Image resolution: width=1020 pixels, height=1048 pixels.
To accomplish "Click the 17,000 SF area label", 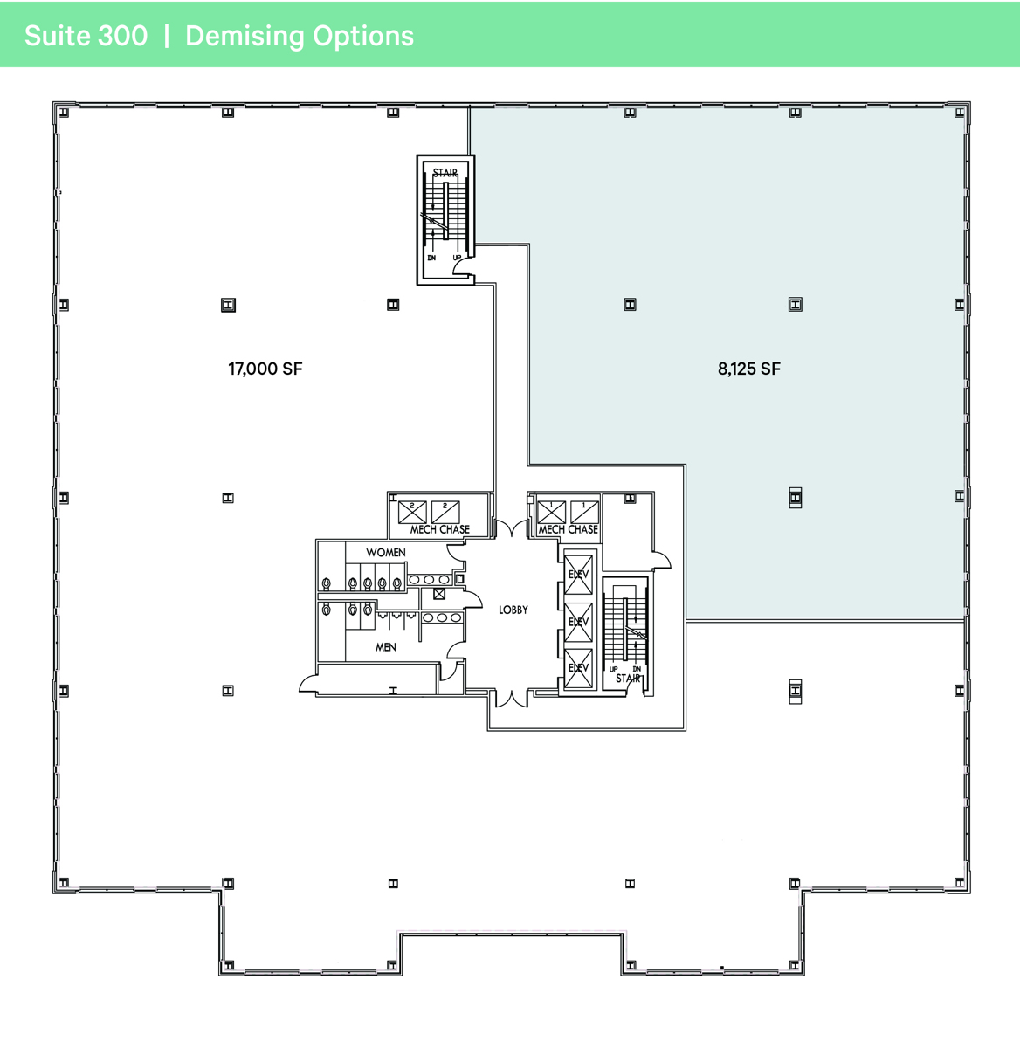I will pyautogui.click(x=265, y=369).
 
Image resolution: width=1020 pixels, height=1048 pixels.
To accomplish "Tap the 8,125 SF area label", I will pyautogui.click(x=748, y=369).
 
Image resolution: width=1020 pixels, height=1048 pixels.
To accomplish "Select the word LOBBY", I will pyautogui.click(x=513, y=610).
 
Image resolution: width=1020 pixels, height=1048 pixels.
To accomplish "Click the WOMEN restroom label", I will pyautogui.click(x=385, y=553).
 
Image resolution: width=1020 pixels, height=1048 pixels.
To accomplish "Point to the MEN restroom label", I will pyautogui.click(x=385, y=647).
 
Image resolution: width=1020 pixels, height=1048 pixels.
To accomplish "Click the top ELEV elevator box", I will pyautogui.click(x=578, y=574).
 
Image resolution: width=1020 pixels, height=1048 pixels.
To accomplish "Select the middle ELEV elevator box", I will pyautogui.click(x=578, y=622).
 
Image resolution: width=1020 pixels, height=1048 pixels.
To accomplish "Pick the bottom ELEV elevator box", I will pyautogui.click(x=578, y=668).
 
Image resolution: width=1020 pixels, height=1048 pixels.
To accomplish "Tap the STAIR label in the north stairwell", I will pyautogui.click(x=445, y=173).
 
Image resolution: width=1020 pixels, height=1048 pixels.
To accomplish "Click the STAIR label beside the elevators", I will pyautogui.click(x=628, y=679).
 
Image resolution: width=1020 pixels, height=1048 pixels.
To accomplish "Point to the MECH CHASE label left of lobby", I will pyautogui.click(x=440, y=529).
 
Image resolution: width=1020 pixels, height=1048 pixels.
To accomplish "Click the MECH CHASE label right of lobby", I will pyautogui.click(x=569, y=529).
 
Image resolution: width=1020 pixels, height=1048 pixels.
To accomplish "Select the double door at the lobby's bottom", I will pyautogui.click(x=511, y=698).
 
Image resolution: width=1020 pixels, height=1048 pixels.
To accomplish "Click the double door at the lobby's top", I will pyautogui.click(x=511, y=528).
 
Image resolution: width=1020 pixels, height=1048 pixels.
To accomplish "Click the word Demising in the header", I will pyautogui.click(x=244, y=36).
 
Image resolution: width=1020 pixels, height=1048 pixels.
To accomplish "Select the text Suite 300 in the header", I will pyautogui.click(x=86, y=36).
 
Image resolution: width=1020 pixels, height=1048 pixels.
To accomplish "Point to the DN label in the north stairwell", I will pyautogui.click(x=431, y=258).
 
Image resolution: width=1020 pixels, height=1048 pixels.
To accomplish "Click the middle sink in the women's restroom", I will pyautogui.click(x=430, y=580).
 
